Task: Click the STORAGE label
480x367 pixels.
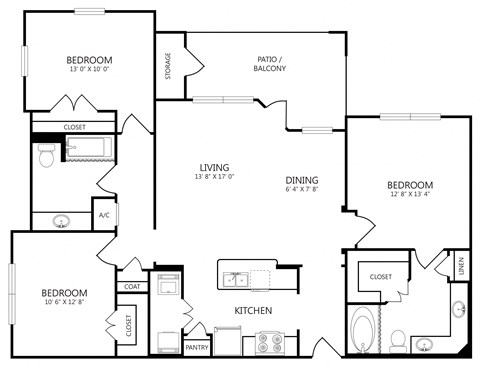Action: pos(168,68)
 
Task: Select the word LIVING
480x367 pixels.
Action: pos(215,167)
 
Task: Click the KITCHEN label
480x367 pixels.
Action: pos(254,311)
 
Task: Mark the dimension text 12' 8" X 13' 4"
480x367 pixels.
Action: pos(410,196)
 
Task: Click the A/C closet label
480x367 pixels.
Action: pos(104,214)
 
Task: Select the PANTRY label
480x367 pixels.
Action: pos(197,347)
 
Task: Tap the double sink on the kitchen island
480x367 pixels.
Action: pos(238,279)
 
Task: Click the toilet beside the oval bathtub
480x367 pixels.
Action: pos(397,339)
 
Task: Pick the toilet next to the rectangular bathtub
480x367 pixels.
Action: pos(45,156)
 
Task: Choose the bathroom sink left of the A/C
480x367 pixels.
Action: pos(61,221)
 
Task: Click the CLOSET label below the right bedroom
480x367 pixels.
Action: pos(380,276)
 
